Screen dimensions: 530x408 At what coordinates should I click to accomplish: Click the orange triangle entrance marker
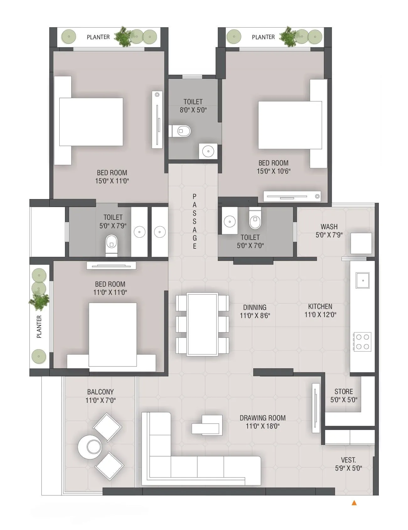(x=354, y=503)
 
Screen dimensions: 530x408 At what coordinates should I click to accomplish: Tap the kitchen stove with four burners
(x=362, y=342)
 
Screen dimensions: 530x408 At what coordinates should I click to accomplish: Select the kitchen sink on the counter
(x=362, y=280)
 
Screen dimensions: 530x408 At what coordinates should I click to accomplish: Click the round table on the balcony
(x=90, y=446)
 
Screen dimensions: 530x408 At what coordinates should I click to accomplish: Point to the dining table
(x=202, y=324)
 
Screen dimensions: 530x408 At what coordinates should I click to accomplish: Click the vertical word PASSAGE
(x=195, y=221)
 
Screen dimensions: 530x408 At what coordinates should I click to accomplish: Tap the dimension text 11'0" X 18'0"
(x=262, y=426)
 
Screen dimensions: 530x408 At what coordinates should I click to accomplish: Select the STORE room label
(x=343, y=392)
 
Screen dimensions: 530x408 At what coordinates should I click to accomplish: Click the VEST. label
(x=348, y=460)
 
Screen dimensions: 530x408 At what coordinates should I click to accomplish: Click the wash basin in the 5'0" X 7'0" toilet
(x=230, y=222)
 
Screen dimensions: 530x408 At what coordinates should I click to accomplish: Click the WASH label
(x=329, y=227)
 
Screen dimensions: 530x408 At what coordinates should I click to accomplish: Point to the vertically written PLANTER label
(x=39, y=327)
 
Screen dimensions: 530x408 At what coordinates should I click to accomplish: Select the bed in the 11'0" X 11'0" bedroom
(x=112, y=335)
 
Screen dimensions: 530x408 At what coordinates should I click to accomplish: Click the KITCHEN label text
(x=320, y=306)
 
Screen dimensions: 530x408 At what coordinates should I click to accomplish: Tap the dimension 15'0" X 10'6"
(x=273, y=171)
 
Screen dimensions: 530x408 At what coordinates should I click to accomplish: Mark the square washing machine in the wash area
(x=361, y=243)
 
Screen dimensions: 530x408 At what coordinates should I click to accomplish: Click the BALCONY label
(x=100, y=392)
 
